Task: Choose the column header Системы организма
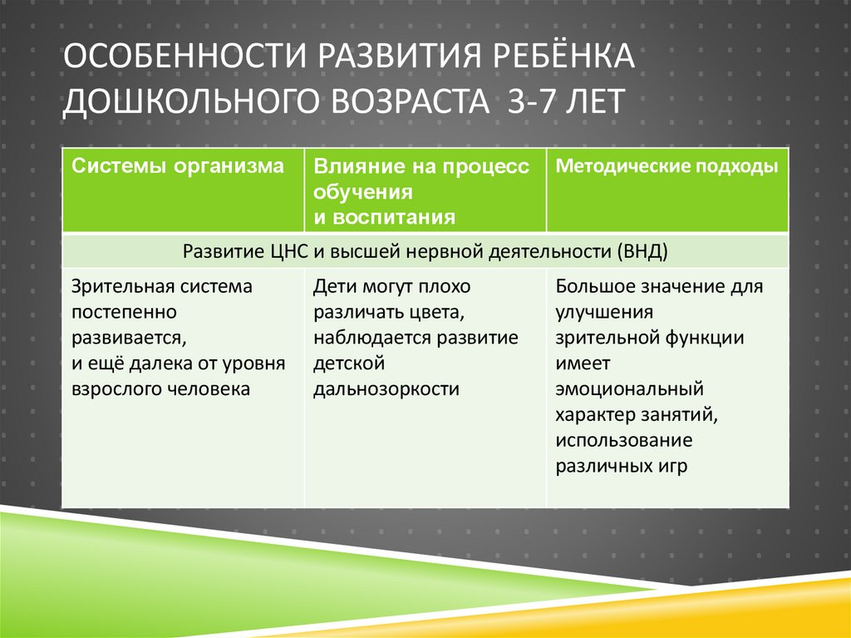(177, 166)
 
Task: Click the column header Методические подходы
(667, 166)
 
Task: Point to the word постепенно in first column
(123, 312)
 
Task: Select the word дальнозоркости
(386, 388)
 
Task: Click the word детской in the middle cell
(347, 364)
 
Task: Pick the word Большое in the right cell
(593, 286)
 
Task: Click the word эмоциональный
(631, 388)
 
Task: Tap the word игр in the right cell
(671, 466)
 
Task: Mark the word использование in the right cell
(624, 440)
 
